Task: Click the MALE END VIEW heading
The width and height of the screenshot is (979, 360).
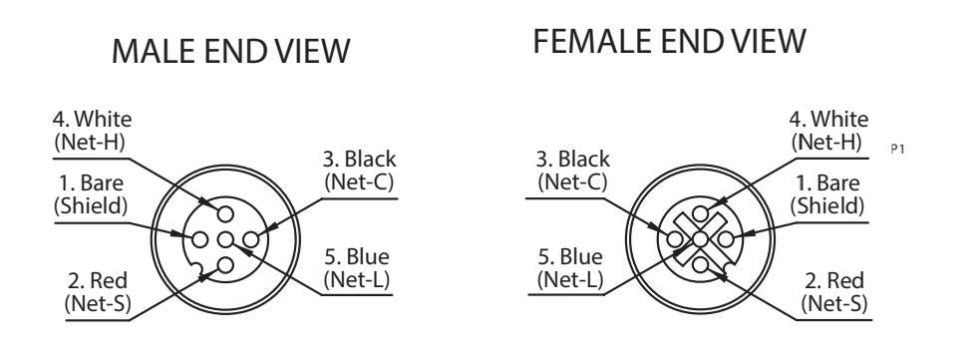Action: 230,51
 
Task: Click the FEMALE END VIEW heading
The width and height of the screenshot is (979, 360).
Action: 669,41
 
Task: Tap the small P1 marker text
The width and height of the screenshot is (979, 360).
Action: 897,150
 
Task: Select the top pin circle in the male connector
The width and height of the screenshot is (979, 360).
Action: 225,214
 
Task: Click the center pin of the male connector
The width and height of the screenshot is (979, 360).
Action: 225,239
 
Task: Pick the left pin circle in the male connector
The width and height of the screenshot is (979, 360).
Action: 200,239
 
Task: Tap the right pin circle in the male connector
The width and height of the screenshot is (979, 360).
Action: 250,239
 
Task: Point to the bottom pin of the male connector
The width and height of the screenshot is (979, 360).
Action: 225,265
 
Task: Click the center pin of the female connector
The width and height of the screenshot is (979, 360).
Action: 700,238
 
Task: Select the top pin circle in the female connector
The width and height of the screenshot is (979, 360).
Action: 700,213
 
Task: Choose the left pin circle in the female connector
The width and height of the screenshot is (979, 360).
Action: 674,238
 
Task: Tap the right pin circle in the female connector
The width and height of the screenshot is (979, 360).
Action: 725,238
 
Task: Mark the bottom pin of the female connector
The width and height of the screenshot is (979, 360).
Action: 700,264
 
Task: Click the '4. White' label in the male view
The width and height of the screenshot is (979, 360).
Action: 92,119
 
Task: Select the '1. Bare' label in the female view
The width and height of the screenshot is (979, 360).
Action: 827,183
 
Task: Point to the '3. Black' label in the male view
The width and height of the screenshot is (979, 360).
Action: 360,159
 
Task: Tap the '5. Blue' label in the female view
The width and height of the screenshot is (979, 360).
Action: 570,257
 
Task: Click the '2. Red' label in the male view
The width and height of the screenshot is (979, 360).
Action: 98,280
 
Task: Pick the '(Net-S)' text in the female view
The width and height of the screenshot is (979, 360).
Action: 834,304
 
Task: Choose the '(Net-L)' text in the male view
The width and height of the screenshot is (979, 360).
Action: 358,279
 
